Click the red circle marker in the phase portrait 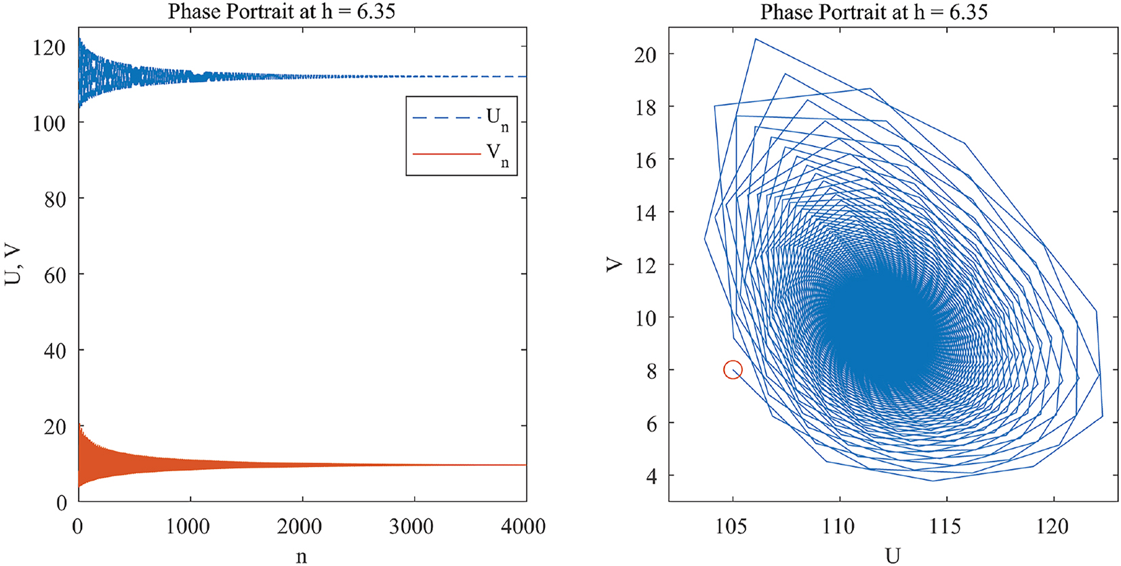(733, 369)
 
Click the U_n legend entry (461, 119)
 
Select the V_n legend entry (461, 155)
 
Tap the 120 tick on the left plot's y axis (49, 47)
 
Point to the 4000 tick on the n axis (523, 527)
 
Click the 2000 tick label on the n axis (300, 527)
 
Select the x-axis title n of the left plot (302, 557)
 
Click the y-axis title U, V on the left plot (14, 265)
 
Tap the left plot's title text (281, 12)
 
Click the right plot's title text (874, 12)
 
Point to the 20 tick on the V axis (645, 54)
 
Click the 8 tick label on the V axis (651, 371)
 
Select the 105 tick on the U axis (732, 527)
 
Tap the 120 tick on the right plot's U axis (1053, 527)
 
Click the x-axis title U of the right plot (893, 556)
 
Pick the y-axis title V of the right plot (615, 264)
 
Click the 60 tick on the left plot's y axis (54, 275)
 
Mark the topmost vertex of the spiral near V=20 (756, 39)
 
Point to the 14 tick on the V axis (645, 213)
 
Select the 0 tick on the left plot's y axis (61, 503)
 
